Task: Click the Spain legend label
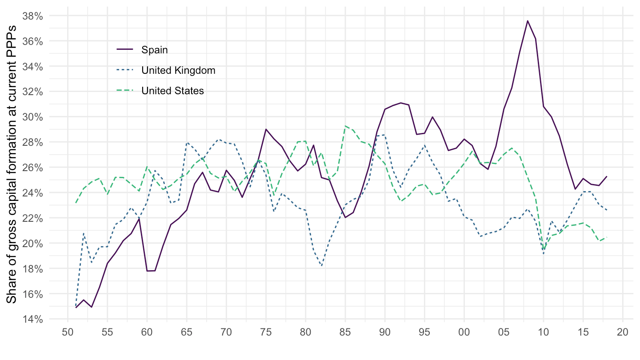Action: pyautogui.click(x=155, y=50)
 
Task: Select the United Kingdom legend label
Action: pyautogui.click(x=178, y=70)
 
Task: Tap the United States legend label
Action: pyautogui.click(x=172, y=91)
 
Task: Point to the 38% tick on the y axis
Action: pyautogui.click(x=33, y=16)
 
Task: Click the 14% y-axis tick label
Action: pyautogui.click(x=33, y=319)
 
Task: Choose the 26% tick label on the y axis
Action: pyautogui.click(x=33, y=168)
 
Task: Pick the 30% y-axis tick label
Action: pyautogui.click(x=33, y=117)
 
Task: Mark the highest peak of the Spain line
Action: pyautogui.click(x=528, y=20)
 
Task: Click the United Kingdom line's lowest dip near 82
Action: pyautogui.click(x=321, y=266)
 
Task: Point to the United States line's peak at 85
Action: pyautogui.click(x=345, y=126)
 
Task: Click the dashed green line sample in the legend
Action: pyautogui.click(x=124, y=91)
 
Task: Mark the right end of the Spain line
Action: pyautogui.click(x=607, y=176)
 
